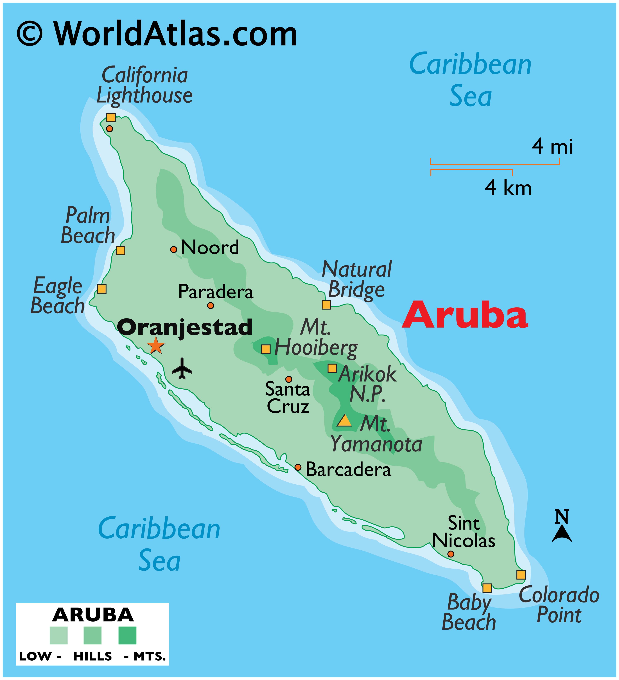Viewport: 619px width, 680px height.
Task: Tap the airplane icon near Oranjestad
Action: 182,369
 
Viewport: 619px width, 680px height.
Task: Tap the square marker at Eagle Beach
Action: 101,289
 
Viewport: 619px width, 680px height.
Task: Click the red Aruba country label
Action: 465,315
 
